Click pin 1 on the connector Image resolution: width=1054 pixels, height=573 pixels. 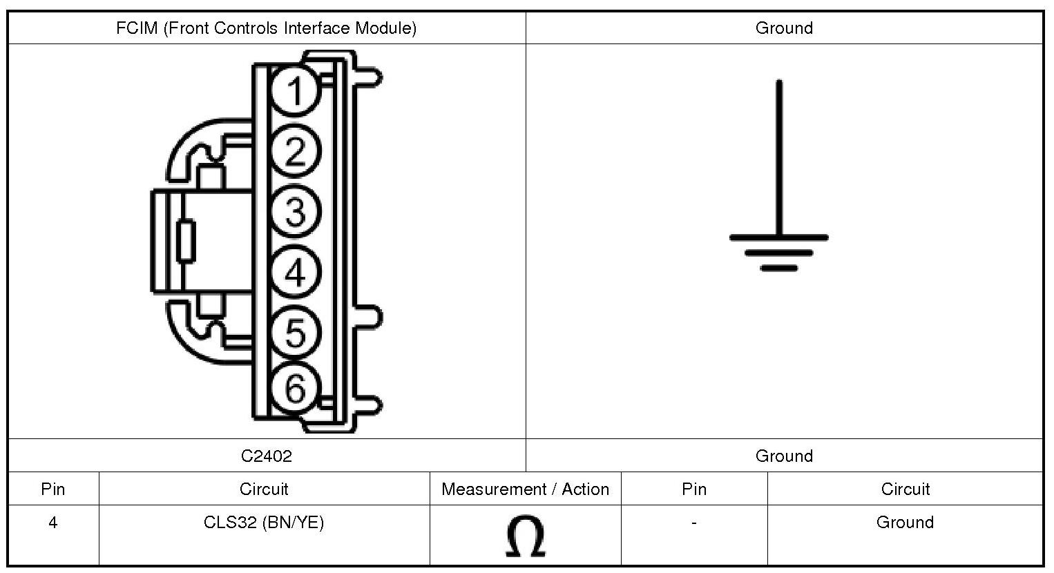(295, 91)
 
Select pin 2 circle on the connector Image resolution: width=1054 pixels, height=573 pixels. (295, 151)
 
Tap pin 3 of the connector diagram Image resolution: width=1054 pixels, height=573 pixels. (295, 211)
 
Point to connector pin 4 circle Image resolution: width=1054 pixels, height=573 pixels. (295, 271)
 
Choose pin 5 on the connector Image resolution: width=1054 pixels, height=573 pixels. (295, 331)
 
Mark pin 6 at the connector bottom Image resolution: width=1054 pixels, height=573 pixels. (295, 389)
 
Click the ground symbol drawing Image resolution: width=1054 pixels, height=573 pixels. (779, 207)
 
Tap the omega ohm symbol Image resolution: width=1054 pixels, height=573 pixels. (526, 536)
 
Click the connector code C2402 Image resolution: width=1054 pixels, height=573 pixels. (267, 456)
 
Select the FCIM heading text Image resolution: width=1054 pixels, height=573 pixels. (267, 28)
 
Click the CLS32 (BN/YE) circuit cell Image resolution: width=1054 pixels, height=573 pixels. (264, 523)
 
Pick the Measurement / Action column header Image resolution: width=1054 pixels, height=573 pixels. (526, 489)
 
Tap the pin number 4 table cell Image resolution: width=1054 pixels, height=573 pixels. (53, 523)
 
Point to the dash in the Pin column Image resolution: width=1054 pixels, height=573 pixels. (693, 523)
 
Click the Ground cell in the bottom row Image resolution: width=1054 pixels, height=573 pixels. (905, 523)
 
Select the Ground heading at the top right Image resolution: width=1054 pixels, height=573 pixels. (784, 28)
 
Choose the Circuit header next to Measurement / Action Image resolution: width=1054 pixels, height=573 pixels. (264, 489)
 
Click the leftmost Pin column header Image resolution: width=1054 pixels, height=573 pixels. (53, 489)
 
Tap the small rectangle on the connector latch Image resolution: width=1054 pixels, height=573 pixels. (186, 242)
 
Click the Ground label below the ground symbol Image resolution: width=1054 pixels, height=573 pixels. (784, 456)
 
